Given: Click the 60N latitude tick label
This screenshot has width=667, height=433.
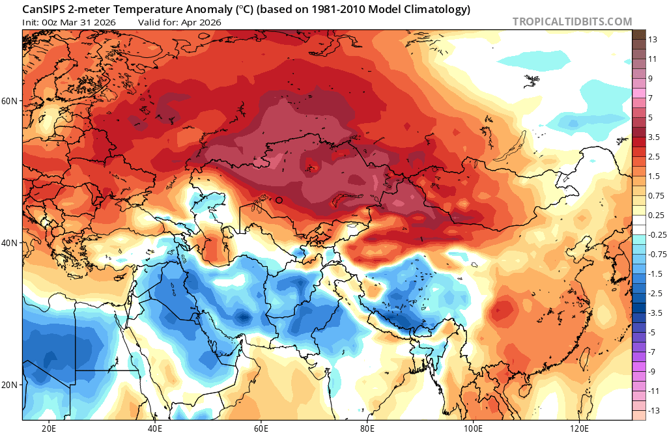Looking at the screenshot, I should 9,102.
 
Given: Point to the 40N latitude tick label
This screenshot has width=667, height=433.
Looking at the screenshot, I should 9,243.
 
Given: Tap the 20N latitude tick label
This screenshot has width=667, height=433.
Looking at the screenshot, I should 9,385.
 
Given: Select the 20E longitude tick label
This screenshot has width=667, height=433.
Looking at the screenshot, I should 49,428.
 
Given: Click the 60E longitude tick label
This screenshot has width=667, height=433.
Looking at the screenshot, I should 261,428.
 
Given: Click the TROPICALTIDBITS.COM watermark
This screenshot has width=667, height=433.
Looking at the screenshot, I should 572,21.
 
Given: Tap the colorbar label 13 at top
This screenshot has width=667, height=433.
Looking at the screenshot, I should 652,40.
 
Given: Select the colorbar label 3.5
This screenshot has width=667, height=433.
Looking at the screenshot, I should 654,137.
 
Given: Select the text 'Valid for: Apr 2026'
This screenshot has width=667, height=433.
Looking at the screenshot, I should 180,22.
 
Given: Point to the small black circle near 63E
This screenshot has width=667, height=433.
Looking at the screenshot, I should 279,201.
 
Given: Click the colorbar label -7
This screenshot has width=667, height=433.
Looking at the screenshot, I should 652,352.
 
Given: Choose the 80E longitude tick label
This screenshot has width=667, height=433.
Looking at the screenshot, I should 367,428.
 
